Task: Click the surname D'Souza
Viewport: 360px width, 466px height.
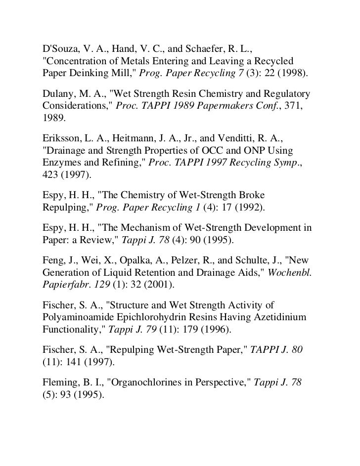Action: tap(58, 49)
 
